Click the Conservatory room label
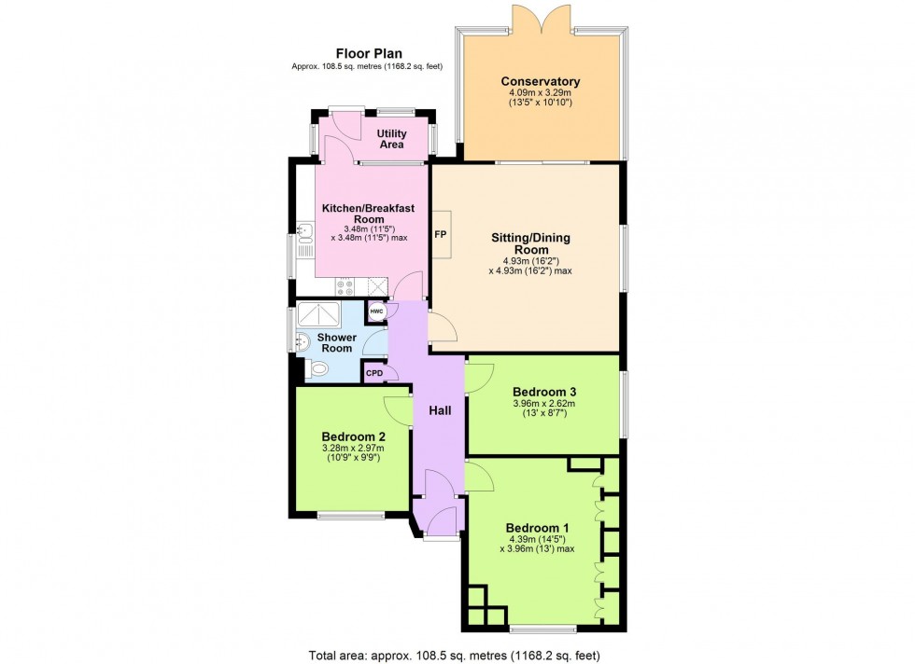[540, 82]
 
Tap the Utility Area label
[392, 139]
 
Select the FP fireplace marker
[440, 235]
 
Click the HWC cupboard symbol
[375, 311]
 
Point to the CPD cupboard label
[374, 373]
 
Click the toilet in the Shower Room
[317, 370]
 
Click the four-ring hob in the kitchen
[345, 288]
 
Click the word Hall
[441, 410]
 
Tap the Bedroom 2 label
[353, 436]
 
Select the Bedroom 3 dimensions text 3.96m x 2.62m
[542, 404]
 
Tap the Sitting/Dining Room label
[530, 244]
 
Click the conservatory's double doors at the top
[541, 18]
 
